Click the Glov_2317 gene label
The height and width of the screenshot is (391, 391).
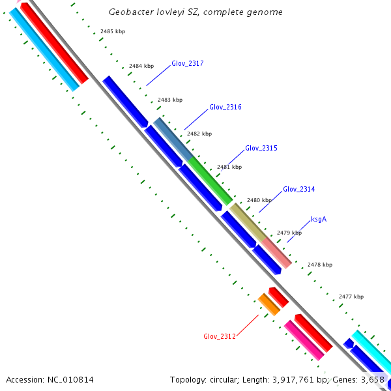(x=188, y=64)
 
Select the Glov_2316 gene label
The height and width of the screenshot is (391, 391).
(x=225, y=107)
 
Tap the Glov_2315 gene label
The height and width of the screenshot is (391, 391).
(x=261, y=149)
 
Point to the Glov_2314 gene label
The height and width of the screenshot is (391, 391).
(x=298, y=190)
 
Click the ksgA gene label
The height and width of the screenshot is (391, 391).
(x=318, y=220)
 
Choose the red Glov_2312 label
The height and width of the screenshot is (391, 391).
(x=219, y=337)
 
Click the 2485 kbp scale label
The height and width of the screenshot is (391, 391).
(x=112, y=32)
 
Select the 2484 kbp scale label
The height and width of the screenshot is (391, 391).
(x=141, y=66)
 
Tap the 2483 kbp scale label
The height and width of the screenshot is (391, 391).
(x=170, y=100)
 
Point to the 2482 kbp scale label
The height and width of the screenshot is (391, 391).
(x=199, y=134)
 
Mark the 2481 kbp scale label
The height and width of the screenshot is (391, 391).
(x=229, y=167)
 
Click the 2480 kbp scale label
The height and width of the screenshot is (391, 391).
(x=259, y=201)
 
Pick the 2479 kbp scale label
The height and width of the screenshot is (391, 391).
(x=289, y=233)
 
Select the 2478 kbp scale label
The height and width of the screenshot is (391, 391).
(x=319, y=265)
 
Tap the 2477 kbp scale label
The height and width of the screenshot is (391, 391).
(x=351, y=297)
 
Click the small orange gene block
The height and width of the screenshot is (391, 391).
(x=269, y=304)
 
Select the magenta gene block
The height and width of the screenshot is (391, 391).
(x=303, y=340)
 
